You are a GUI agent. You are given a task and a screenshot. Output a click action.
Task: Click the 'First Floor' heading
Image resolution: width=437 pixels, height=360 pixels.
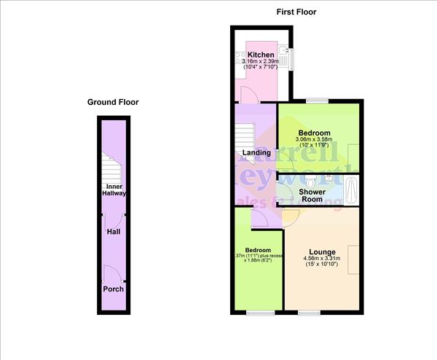click(x=296, y=12)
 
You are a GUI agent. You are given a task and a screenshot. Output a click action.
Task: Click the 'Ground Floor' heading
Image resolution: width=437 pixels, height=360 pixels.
click(x=113, y=103)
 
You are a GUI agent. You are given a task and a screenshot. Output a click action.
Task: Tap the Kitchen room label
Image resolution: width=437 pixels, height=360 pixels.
click(x=261, y=55)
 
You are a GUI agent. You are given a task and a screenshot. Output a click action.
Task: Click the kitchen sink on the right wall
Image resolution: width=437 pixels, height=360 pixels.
click(x=289, y=55)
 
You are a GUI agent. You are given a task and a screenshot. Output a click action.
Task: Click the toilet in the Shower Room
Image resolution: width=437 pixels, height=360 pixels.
click(x=311, y=181)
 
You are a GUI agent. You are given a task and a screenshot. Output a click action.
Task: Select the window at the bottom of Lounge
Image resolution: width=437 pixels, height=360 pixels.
click(x=309, y=313)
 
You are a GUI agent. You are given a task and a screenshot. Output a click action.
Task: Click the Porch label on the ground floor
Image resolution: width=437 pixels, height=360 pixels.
click(x=113, y=289)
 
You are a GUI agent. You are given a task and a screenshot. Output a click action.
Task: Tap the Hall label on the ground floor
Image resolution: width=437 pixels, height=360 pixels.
click(x=113, y=232)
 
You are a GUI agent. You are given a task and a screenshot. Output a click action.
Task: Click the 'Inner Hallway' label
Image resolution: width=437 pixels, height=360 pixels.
click(x=113, y=190)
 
